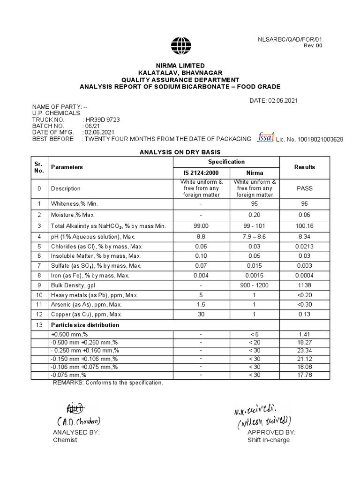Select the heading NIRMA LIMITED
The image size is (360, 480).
(x=180, y=66)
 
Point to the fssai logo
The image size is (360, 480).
(x=266, y=137)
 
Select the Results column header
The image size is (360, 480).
(x=304, y=167)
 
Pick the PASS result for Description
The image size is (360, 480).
(x=304, y=188)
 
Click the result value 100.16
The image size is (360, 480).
(x=304, y=226)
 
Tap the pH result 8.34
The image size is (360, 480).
(x=304, y=237)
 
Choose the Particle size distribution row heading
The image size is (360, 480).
(x=85, y=325)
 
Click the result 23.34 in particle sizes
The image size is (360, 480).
(x=304, y=350)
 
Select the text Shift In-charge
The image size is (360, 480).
(x=269, y=440)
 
